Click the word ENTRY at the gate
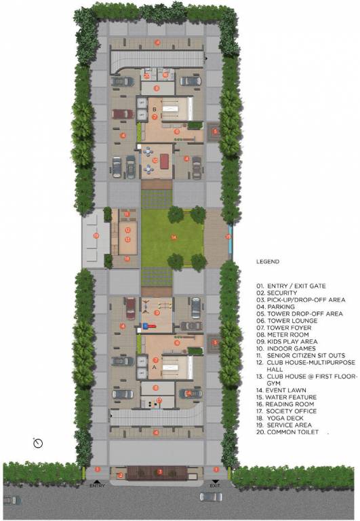(x=98, y=486)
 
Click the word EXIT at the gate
(x=216, y=486)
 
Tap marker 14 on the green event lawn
(x=174, y=237)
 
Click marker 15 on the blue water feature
(x=228, y=237)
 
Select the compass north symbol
(x=39, y=442)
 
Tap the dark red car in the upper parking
(x=123, y=113)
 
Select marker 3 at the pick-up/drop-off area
(x=159, y=471)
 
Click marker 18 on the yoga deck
(x=127, y=258)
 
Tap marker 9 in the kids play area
(x=157, y=313)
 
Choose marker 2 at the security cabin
(x=121, y=475)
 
